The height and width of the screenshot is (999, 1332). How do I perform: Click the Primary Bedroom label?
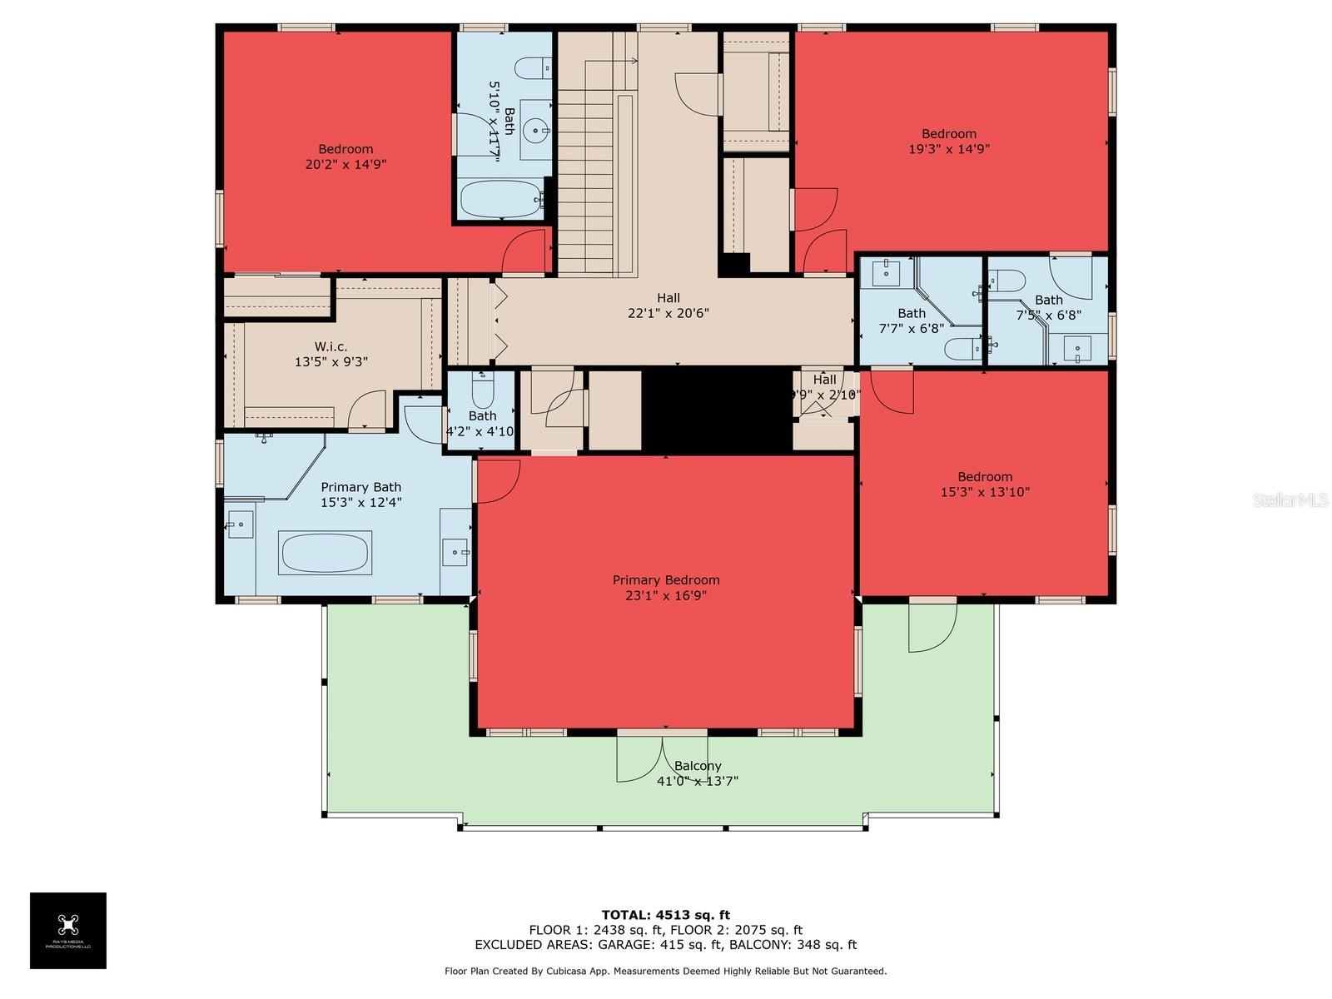[x=666, y=580]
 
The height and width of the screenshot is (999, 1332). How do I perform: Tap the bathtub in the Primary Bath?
[x=325, y=553]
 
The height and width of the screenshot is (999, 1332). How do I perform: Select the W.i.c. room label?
[x=331, y=346]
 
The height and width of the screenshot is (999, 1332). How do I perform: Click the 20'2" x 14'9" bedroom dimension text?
[x=345, y=165]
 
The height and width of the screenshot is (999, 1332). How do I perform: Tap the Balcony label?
[x=698, y=766]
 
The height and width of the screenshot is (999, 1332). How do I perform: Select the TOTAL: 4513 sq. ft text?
[x=666, y=915]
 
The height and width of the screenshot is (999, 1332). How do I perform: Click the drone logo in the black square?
[x=68, y=924]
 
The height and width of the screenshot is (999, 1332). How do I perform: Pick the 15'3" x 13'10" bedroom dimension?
[x=985, y=492]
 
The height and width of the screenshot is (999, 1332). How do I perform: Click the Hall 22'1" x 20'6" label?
[x=668, y=306]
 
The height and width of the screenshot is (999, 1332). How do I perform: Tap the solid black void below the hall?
[x=716, y=410]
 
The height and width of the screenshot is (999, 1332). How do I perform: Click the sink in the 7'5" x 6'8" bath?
[x=1077, y=349]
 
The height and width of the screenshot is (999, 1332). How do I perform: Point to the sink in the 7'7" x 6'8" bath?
[x=886, y=271]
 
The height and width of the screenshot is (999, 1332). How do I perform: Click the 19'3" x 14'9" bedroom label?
[x=949, y=142]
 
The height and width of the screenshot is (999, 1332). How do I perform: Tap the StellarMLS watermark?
[x=1290, y=499]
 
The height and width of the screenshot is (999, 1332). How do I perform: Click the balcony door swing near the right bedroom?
[x=931, y=626]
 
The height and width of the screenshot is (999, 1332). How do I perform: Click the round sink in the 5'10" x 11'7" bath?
[x=537, y=129]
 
